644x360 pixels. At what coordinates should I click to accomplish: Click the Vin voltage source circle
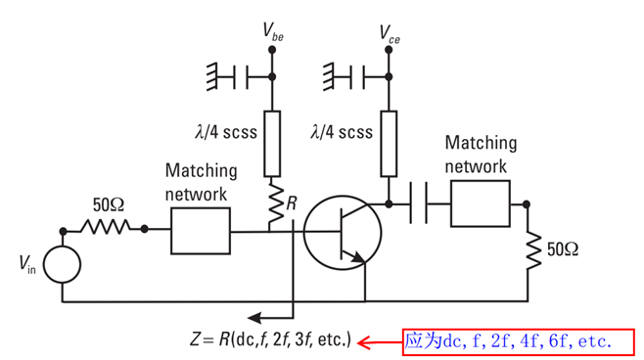pyautogui.click(x=63, y=265)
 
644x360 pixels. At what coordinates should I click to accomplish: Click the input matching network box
pyautogui.click(x=200, y=231)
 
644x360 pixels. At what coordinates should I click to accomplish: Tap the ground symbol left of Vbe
pyautogui.click(x=215, y=73)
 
